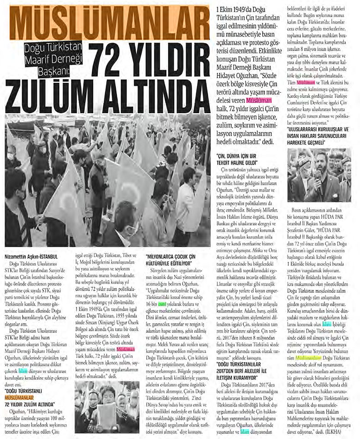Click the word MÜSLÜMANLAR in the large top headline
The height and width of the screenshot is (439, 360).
pos(109,21)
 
